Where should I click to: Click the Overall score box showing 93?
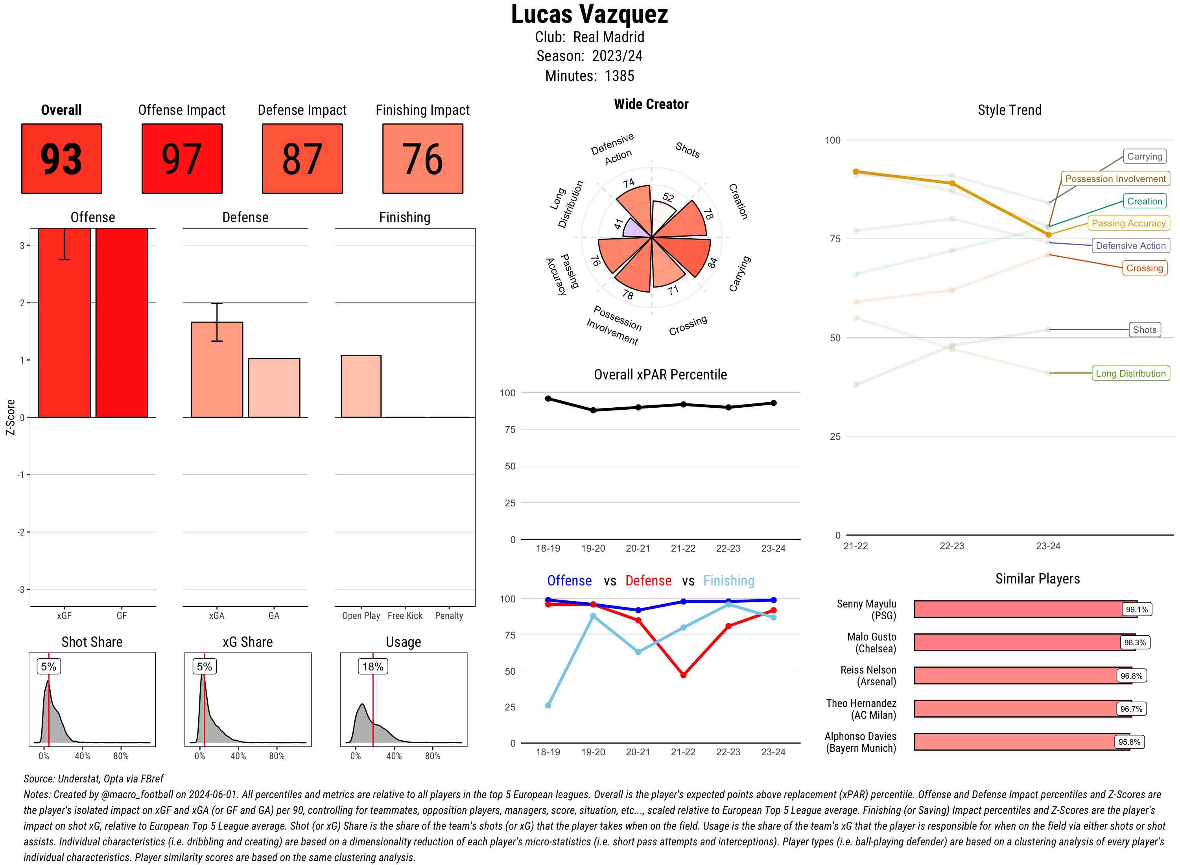click(x=61, y=159)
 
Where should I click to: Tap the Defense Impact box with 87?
click(x=302, y=159)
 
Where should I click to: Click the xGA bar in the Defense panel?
click(x=216, y=369)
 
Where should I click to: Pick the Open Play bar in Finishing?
click(x=361, y=386)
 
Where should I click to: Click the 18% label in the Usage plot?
click(x=372, y=666)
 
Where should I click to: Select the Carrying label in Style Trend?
click(x=1144, y=156)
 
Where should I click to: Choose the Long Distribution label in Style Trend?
click(x=1130, y=374)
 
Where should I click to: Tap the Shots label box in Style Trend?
click(x=1144, y=330)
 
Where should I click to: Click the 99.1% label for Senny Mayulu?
click(x=1136, y=609)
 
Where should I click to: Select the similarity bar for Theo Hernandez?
click(x=1022, y=709)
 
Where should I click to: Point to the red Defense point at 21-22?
click(x=683, y=675)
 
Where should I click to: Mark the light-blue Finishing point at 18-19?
click(x=548, y=705)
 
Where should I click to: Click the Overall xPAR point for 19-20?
click(x=593, y=410)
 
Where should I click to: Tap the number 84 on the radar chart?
click(x=712, y=263)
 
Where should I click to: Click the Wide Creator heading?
click(x=651, y=104)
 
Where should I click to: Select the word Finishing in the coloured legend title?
click(x=728, y=581)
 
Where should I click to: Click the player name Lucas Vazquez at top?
click(x=589, y=15)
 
